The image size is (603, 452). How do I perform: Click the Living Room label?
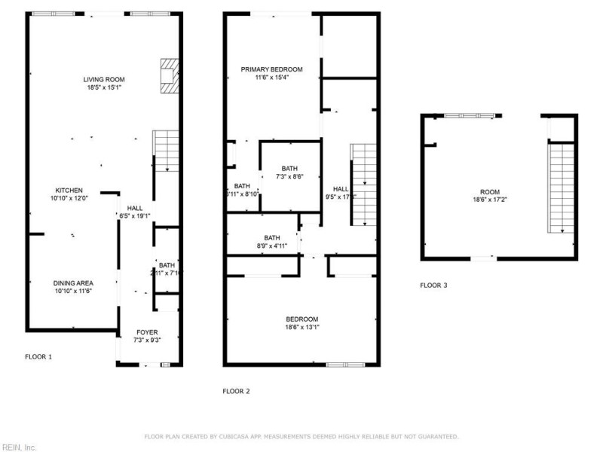[x=104, y=79]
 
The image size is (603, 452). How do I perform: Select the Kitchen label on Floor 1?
[x=69, y=191]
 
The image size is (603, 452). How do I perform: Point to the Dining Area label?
[x=73, y=283]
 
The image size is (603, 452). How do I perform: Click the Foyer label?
[x=147, y=332]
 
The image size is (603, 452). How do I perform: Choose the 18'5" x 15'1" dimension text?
[x=104, y=87]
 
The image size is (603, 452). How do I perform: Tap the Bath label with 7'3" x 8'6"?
[x=290, y=169]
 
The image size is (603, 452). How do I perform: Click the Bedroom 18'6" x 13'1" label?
[x=301, y=319]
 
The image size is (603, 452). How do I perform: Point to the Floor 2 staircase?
[x=364, y=185]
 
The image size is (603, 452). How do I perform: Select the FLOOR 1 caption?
[x=38, y=356]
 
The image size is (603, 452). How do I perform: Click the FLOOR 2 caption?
[x=236, y=391]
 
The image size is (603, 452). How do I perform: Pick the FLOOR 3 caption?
[x=433, y=286]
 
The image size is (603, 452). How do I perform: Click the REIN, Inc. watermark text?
[x=18, y=447]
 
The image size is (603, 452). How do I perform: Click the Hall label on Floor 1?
[x=135, y=208]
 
